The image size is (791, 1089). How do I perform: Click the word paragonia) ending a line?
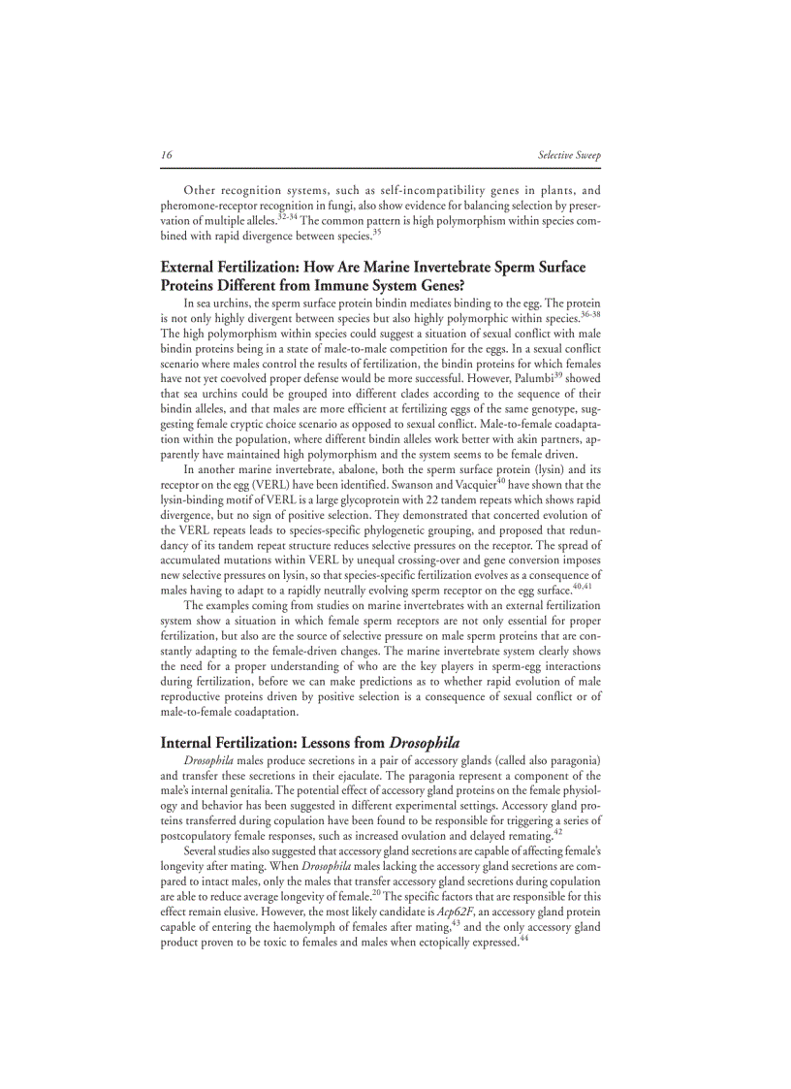[571, 760]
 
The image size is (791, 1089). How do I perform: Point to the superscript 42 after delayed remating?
[558, 830]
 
